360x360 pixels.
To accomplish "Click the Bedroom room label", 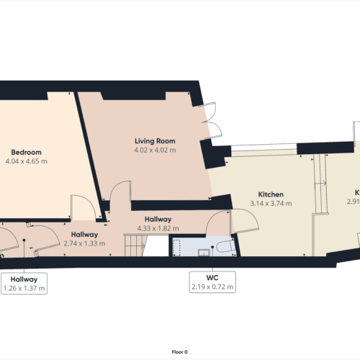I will pyautogui.click(x=26, y=152).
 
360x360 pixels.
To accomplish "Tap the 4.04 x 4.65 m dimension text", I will pyautogui.click(x=26, y=161).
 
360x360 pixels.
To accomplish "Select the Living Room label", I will pyautogui.click(x=155, y=140).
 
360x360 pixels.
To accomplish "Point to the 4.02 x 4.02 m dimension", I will pyautogui.click(x=155, y=150).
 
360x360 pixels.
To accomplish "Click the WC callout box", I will pyautogui.click(x=212, y=282).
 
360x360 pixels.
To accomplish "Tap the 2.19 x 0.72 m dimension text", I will pyautogui.click(x=212, y=287).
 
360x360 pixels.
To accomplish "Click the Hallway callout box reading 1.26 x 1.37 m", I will pyautogui.click(x=24, y=283).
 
